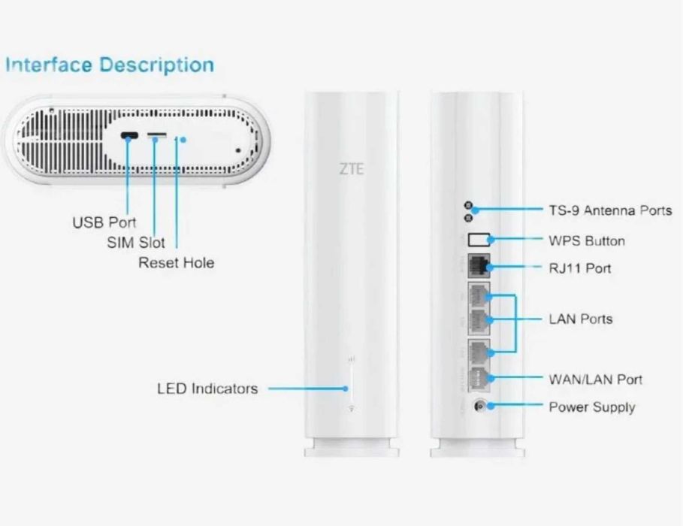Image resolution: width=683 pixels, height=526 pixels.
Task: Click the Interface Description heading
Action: point(110,65)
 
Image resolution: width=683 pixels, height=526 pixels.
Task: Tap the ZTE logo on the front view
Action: point(351,168)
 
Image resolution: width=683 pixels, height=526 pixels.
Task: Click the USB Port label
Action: point(104,222)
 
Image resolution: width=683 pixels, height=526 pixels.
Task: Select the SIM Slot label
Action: point(136,242)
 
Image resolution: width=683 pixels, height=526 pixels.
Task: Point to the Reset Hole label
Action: point(176,263)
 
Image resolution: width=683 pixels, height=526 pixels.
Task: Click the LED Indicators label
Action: point(207,388)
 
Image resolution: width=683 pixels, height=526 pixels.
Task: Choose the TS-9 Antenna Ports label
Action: point(610,210)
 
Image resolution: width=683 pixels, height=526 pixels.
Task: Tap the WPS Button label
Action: point(587,241)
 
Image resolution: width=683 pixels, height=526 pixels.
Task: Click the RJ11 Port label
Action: point(580,268)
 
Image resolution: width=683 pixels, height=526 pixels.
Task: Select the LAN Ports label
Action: point(581,319)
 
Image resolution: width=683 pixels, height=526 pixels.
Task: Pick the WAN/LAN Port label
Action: point(595,379)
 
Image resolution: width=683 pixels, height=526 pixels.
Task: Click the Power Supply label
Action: point(592,407)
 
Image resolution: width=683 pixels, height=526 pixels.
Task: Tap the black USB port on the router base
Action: point(129,135)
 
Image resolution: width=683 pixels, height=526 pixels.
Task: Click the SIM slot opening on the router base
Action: point(157,135)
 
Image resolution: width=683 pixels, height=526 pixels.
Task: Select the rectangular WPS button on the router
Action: point(479,240)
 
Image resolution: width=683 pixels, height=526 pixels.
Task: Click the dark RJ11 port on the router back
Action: point(479,266)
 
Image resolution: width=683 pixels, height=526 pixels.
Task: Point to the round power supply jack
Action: point(479,407)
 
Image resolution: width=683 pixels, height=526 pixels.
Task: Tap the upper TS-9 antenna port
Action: point(468,205)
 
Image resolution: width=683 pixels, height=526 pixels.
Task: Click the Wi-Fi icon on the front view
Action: point(352,409)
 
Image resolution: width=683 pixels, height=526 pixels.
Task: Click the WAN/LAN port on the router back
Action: point(479,378)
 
